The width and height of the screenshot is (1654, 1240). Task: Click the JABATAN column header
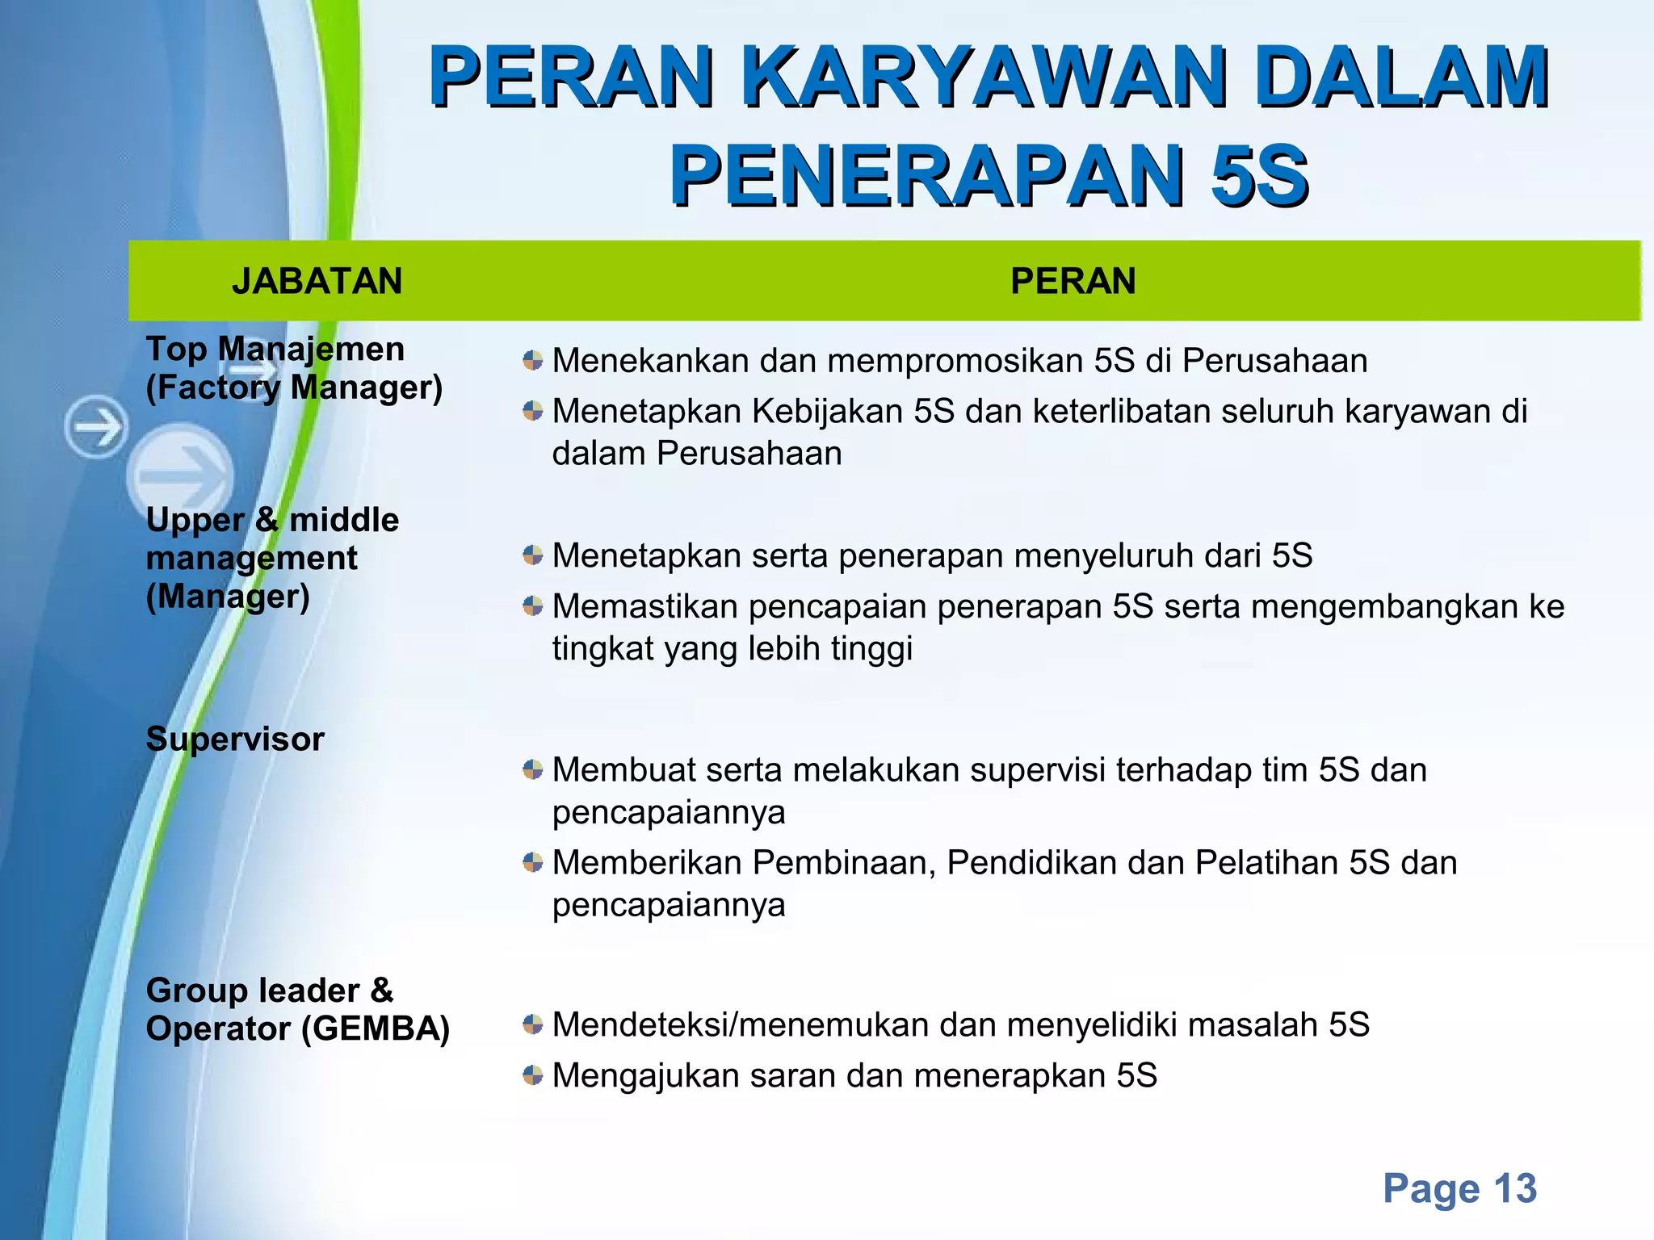tap(317, 281)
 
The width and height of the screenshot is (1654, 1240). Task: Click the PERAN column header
tap(1073, 281)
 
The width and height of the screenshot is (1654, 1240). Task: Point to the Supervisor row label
tap(235, 739)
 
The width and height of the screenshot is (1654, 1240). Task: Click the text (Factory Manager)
tap(294, 387)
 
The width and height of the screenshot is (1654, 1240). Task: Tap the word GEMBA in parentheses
tap(376, 1028)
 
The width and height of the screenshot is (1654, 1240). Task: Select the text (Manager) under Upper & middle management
tap(228, 597)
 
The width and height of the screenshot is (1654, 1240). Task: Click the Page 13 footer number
tap(1459, 1188)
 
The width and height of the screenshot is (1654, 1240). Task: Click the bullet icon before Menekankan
tap(532, 360)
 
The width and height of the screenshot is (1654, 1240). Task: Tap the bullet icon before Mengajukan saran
tap(532, 1075)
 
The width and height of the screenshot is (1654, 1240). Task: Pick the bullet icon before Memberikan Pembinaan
tap(532, 862)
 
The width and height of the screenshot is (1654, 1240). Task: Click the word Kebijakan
tap(827, 411)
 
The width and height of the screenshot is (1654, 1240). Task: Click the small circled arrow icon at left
tap(96, 426)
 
